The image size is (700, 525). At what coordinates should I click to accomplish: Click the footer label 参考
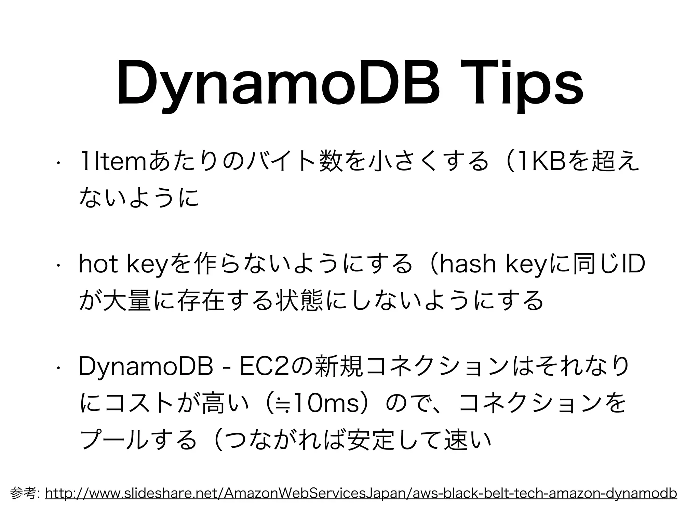tap(25, 494)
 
